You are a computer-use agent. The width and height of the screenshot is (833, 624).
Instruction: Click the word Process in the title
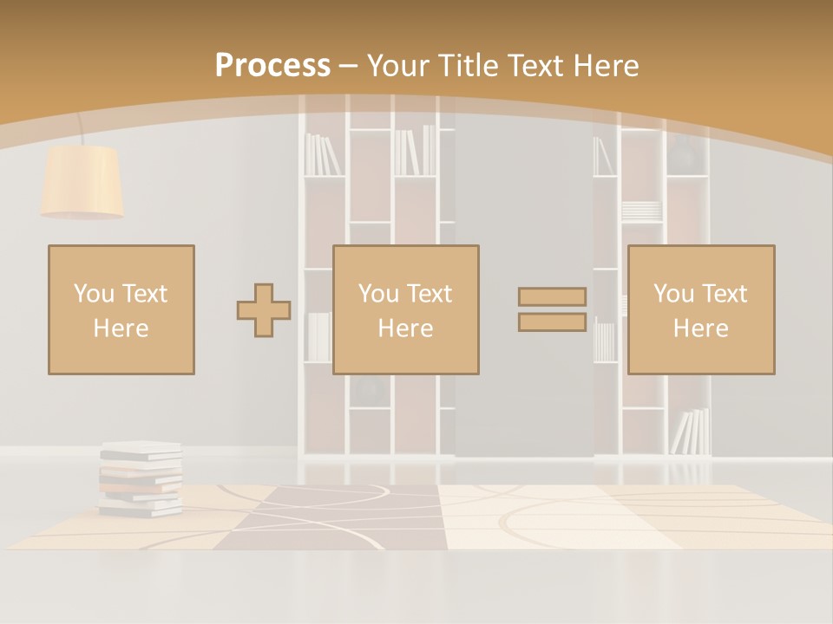[x=272, y=65]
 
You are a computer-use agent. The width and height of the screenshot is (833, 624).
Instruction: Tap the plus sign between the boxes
[x=264, y=310]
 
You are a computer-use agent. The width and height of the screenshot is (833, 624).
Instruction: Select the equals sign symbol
[x=552, y=309]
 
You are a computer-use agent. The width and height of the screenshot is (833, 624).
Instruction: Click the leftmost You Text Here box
[x=121, y=309]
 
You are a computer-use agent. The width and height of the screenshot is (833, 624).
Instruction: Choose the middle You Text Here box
[x=405, y=309]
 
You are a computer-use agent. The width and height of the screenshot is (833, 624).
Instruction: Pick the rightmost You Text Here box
[x=700, y=309]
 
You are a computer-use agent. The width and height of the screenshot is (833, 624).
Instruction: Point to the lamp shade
[x=82, y=181]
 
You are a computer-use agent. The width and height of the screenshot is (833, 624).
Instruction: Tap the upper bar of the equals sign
[x=552, y=296]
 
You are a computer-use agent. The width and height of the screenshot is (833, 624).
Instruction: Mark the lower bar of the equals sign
[x=552, y=322]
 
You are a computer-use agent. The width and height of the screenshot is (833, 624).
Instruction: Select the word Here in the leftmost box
[x=121, y=328]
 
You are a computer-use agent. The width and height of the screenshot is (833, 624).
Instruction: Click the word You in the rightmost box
[x=673, y=294]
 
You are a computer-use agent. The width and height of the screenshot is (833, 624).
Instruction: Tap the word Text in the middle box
[x=430, y=294]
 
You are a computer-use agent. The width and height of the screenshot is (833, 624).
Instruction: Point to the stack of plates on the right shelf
[x=641, y=210]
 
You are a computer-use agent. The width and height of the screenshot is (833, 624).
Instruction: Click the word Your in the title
[x=399, y=65]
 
